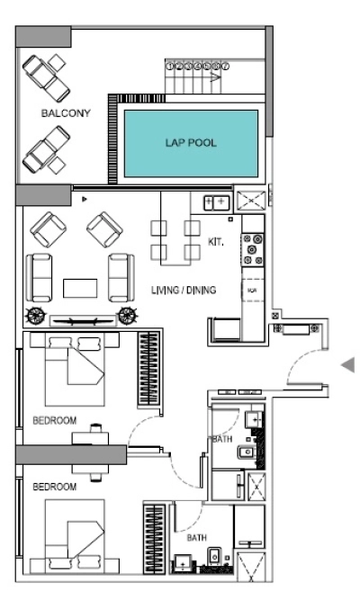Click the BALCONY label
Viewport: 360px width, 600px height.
tap(58, 114)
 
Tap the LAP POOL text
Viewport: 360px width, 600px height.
tap(190, 142)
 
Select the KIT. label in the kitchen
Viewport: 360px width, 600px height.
tap(216, 242)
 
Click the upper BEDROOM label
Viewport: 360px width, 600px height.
tap(54, 420)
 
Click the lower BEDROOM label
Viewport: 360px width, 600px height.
tap(54, 486)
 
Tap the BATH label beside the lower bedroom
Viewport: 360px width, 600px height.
tap(196, 537)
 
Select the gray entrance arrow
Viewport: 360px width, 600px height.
tap(346, 364)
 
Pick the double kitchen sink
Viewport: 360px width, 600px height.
tap(217, 202)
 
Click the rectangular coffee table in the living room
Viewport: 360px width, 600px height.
tap(79, 288)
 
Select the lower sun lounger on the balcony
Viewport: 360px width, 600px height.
tap(47, 148)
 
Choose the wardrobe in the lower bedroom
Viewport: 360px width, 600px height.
tap(151, 538)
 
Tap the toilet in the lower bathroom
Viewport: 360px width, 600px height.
tap(213, 560)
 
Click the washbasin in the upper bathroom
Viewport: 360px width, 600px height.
tap(253, 419)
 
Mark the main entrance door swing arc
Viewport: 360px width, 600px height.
tap(301, 364)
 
